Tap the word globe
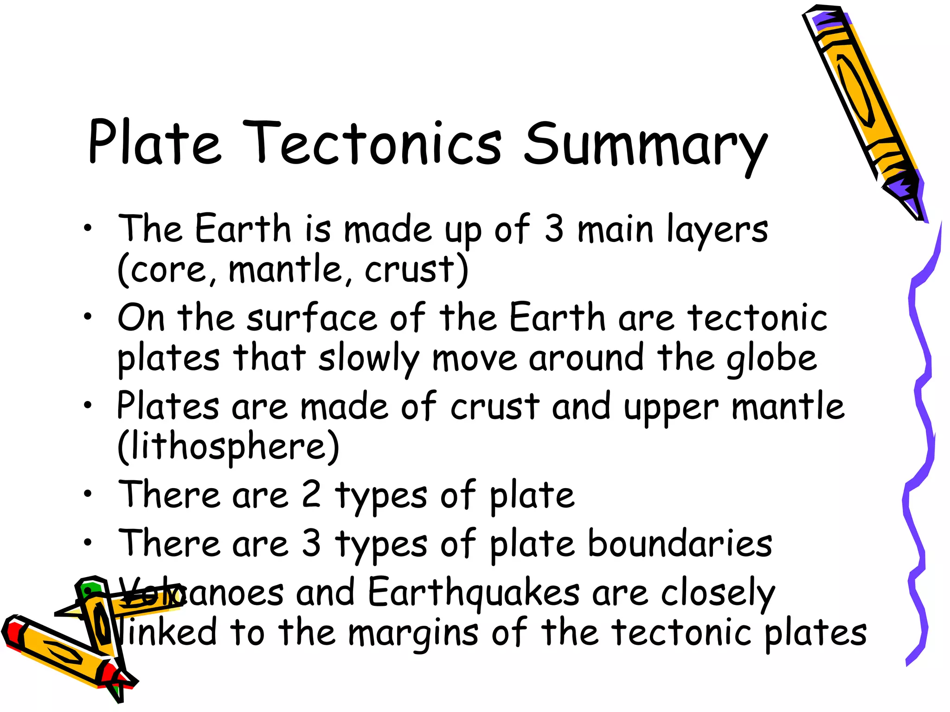771,359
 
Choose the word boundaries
680,543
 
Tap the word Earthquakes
474,592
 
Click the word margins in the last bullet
413,633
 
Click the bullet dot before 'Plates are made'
88,405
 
